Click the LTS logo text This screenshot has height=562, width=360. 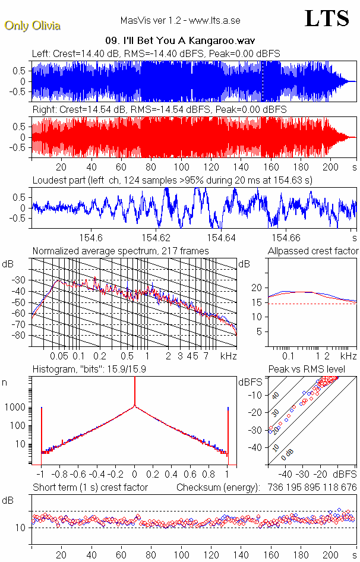tap(327, 18)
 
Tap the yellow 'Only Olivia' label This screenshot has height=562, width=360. tap(32, 26)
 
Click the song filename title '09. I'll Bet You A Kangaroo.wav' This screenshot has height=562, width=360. tap(180, 41)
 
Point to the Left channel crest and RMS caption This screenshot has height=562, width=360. tap(156, 53)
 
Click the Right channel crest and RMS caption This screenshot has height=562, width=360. tap(159, 110)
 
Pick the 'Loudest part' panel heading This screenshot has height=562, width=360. tap(172, 180)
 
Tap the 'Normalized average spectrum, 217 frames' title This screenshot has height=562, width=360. tap(121, 251)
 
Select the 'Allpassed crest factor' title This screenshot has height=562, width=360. tap(313, 251)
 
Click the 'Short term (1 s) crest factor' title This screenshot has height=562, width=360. tap(90, 487)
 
